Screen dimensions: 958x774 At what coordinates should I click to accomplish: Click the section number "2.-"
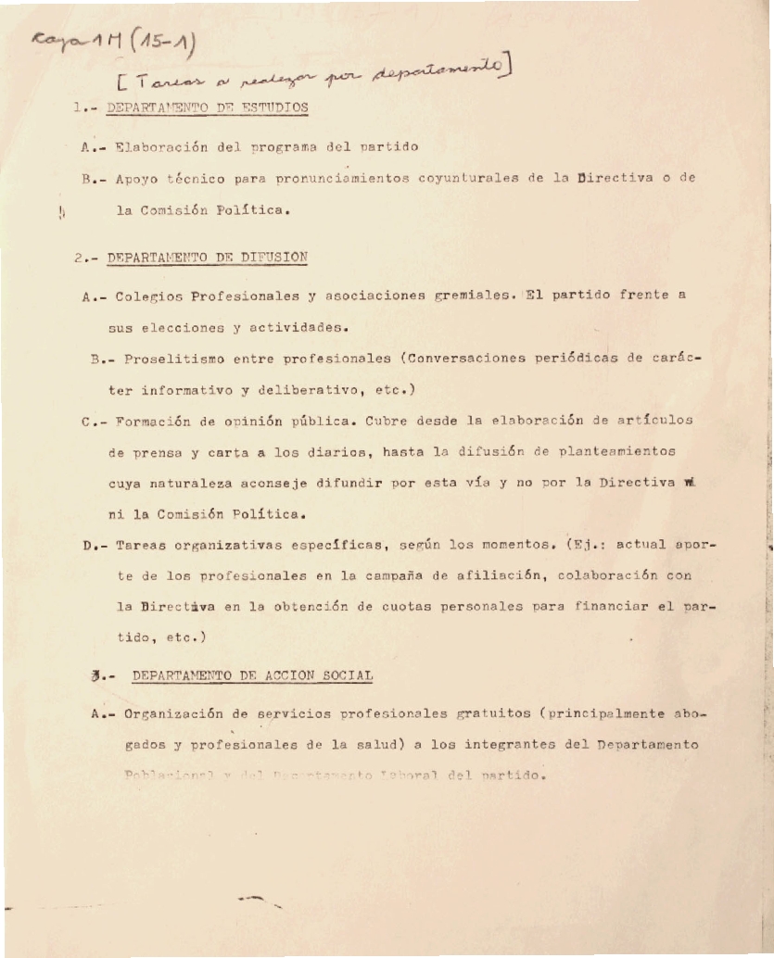point(85,258)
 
